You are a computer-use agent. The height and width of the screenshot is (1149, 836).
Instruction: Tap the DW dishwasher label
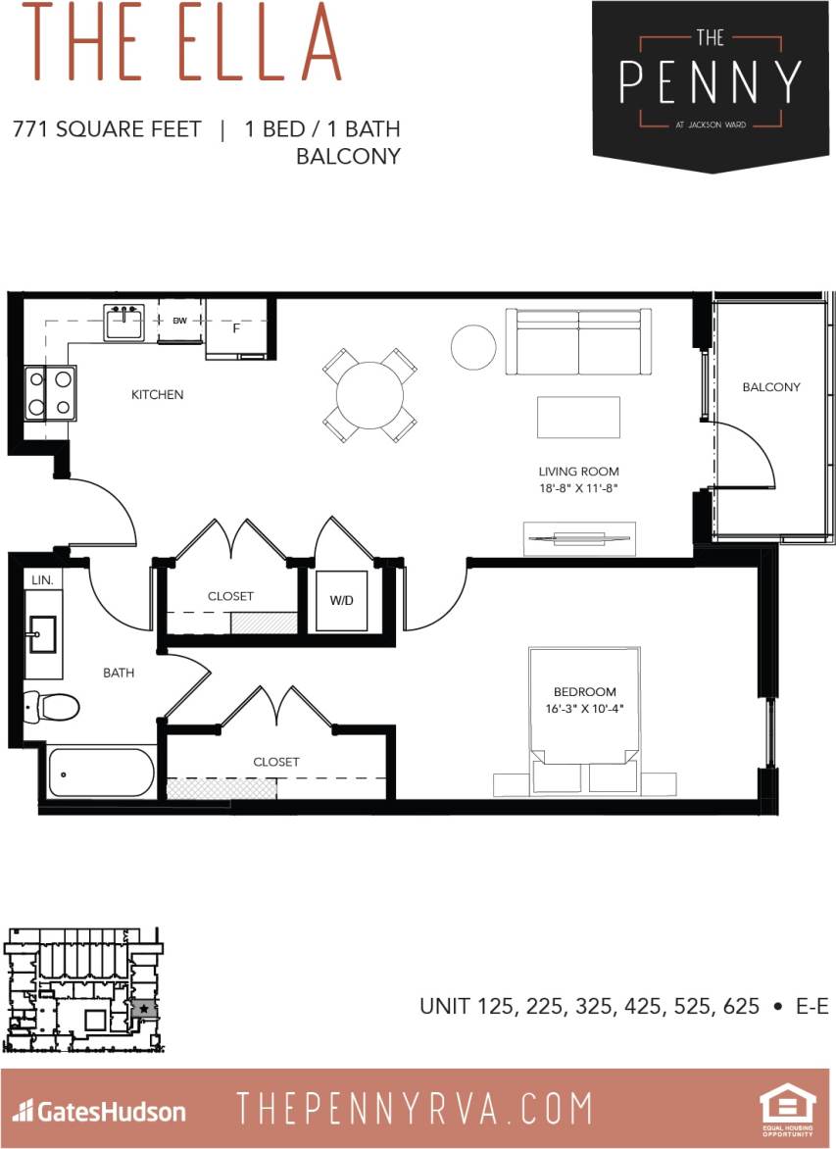coord(179,321)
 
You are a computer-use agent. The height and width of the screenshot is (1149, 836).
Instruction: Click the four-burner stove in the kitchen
coord(50,392)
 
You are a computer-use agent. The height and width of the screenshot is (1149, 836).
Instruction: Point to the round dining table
coord(369,395)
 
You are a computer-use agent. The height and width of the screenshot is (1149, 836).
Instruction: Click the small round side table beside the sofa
coord(473,346)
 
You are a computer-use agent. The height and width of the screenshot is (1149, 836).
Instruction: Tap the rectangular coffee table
coord(578,417)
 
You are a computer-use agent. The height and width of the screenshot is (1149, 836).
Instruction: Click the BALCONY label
coord(770,387)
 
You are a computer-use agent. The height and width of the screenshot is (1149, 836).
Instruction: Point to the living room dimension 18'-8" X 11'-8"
coord(578,486)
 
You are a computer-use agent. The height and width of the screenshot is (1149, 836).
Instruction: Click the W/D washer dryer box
coord(341,599)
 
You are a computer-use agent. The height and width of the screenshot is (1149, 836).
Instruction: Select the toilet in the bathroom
coord(50,705)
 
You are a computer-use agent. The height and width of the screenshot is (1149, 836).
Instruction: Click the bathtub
coord(101,773)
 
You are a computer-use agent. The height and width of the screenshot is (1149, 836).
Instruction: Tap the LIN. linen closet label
coord(42,580)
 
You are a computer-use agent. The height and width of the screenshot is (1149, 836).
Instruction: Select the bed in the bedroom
coord(584,706)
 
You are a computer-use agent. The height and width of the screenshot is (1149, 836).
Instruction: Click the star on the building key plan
coord(144,1008)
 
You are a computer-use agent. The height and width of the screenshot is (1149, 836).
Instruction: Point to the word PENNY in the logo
coord(711,83)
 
